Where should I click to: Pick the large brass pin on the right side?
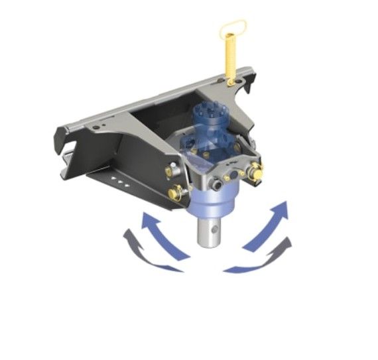pos(255,174)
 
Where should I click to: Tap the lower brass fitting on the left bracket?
pos(176,194)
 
